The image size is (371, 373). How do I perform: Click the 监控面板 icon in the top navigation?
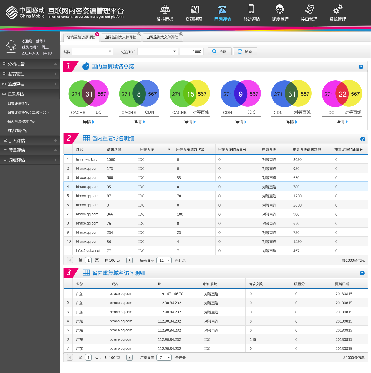(165, 10)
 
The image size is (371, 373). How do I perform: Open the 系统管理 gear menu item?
(337, 10)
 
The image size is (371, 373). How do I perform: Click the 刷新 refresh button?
(245, 52)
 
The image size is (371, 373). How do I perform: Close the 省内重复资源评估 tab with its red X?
(97, 34)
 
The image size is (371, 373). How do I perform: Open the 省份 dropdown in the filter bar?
(93, 52)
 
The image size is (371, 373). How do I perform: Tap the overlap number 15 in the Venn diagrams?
(191, 94)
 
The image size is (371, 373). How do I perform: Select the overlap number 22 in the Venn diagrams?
(342, 94)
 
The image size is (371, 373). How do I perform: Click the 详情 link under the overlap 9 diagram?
(241, 122)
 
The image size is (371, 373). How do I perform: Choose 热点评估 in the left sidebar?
(16, 84)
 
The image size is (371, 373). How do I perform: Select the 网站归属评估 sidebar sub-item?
(18, 131)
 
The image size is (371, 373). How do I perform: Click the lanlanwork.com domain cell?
(88, 159)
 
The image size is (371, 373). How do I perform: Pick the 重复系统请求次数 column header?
(307, 150)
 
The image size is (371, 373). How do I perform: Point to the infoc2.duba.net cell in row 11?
(88, 251)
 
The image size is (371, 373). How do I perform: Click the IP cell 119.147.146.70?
(170, 294)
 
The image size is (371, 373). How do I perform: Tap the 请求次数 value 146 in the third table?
(253, 339)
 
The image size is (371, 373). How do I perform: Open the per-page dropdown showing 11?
(164, 260)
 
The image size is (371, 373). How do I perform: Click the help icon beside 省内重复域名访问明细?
(362, 273)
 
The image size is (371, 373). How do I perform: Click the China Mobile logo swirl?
(12, 12)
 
